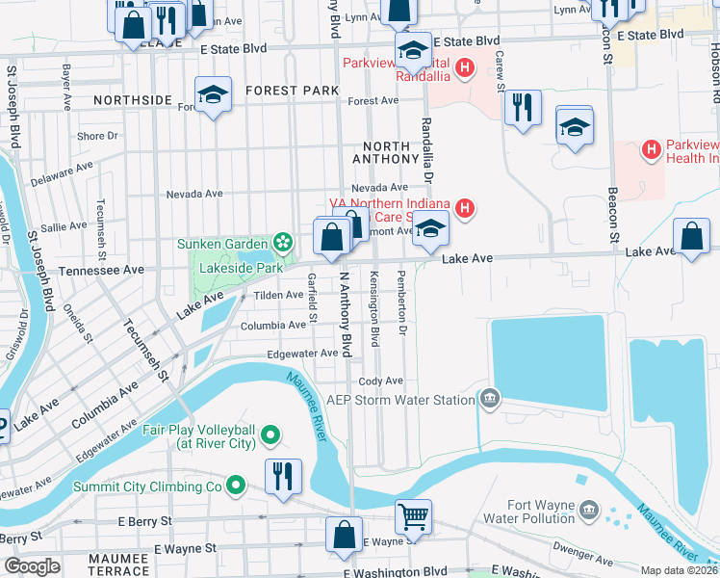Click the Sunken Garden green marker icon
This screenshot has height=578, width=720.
283,241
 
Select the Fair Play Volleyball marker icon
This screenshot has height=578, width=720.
271,435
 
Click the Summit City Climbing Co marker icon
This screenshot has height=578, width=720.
235,486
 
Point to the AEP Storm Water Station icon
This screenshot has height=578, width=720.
490,399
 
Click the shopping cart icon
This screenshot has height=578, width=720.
413,516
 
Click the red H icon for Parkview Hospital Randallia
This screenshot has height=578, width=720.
465,66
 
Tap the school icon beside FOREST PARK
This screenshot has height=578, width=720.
213,94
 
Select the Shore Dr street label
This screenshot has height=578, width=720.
97,136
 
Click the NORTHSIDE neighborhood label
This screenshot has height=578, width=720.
132,99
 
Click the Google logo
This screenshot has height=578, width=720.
32,566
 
